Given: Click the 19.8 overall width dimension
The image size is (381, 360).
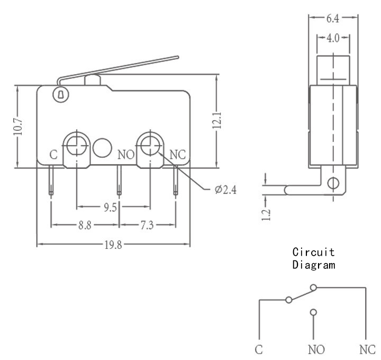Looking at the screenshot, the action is pyautogui.click(x=113, y=245).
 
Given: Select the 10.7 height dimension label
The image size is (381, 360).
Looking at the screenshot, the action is pyautogui.click(x=18, y=127).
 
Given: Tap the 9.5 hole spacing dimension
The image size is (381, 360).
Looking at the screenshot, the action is pyautogui.click(x=110, y=208).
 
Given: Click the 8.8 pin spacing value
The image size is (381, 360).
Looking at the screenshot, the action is pyautogui.click(x=85, y=226).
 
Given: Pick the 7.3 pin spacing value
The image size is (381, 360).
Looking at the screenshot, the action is pyautogui.click(x=147, y=226).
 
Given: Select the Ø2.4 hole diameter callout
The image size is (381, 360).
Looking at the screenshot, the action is pyautogui.click(x=225, y=190).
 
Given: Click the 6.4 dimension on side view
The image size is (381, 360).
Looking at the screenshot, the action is pyautogui.click(x=333, y=19).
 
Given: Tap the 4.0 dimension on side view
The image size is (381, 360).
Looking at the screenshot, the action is pyautogui.click(x=333, y=38).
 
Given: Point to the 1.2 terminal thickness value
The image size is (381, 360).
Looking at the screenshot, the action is pyautogui.click(x=266, y=214).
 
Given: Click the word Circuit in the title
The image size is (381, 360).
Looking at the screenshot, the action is pyautogui.click(x=313, y=252).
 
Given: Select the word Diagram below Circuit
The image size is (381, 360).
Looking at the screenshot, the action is pyautogui.click(x=314, y=265).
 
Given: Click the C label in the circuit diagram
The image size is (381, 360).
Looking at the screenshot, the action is pyautogui.click(x=259, y=349).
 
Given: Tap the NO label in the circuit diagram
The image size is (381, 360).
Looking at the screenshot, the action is pyautogui.click(x=316, y=349).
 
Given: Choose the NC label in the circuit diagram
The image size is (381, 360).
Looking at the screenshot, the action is pyautogui.click(x=367, y=349).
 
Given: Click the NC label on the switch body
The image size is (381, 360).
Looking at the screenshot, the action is pyautogui.click(x=178, y=155).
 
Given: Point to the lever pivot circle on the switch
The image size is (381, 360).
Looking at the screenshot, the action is pyautogui.click(x=61, y=94).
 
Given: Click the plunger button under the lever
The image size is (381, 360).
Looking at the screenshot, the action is pyautogui.click(x=92, y=80).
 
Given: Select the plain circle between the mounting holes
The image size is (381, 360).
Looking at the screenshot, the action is pyautogui.click(x=102, y=148).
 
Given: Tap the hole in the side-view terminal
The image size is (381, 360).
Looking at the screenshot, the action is pyautogui.click(x=333, y=183).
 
